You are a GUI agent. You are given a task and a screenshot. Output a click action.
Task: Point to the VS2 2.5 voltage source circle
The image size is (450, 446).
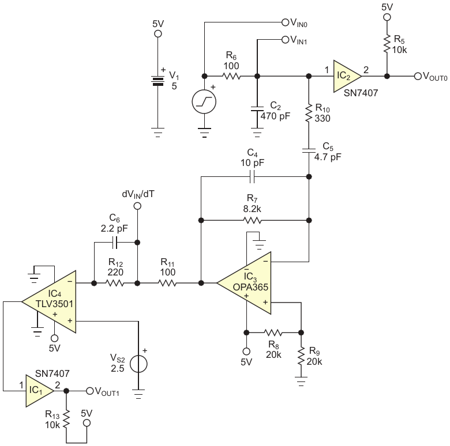[x=138, y=364]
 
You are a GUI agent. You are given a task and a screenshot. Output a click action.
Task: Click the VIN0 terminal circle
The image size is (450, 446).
[x=284, y=22]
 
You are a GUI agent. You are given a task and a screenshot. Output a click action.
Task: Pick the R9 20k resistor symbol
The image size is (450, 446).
[x=302, y=357]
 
